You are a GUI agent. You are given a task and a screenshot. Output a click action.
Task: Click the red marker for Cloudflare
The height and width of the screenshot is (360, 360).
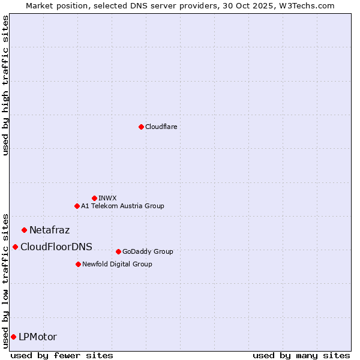click(141, 127)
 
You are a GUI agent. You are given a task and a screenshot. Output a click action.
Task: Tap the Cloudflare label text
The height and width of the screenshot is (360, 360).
click(161, 127)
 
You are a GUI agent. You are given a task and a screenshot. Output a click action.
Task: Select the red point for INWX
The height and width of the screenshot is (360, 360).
click(94, 198)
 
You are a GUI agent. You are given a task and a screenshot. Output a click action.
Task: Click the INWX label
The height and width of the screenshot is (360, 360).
click(107, 198)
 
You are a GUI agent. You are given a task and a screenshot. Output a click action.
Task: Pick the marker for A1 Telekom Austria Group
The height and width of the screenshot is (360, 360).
click(77, 206)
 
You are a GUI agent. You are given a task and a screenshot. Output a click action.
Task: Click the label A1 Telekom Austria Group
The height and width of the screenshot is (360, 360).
click(122, 206)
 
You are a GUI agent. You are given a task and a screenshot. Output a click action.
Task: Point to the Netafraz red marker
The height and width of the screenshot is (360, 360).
click(24, 230)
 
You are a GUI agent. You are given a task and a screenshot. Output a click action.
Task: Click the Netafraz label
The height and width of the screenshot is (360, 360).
click(49, 230)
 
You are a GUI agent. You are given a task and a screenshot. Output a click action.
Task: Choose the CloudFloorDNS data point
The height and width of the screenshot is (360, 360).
click(15, 247)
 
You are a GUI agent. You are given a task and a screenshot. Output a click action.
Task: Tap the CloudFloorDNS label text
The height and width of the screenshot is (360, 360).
click(56, 247)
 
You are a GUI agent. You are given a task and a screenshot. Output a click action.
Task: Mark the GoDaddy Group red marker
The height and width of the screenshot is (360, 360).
click(118, 251)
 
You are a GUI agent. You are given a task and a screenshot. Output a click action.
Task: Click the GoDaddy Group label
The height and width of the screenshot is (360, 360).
click(147, 251)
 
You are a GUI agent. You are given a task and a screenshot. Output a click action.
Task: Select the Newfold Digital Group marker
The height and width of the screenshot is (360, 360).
click(78, 264)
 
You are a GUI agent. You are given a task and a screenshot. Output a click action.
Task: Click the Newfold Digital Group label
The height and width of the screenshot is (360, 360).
click(117, 264)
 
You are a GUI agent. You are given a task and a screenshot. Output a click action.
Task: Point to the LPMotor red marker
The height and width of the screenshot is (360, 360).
click(13, 337)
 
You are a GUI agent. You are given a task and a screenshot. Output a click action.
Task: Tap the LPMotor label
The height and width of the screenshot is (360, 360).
click(38, 337)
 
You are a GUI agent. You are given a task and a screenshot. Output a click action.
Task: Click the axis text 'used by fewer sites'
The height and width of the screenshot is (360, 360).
click(62, 355)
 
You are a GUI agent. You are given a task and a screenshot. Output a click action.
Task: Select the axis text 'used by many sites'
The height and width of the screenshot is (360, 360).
click(301, 355)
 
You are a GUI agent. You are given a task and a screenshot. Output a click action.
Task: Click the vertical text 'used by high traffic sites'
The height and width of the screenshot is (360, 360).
click(5, 85)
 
